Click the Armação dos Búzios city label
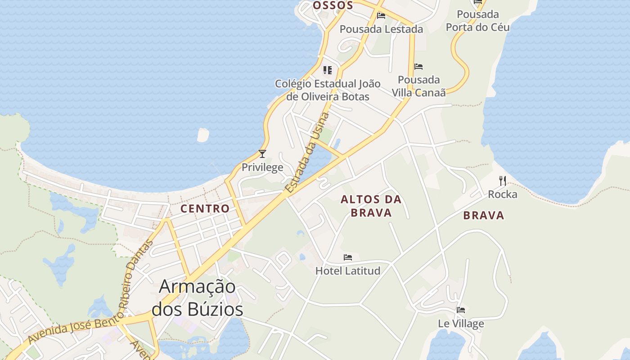click(197, 298)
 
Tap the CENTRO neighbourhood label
click(205, 209)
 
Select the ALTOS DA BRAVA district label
click(371, 206)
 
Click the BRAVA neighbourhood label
click(484, 216)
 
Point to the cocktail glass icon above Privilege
click(262, 154)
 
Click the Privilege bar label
click(262, 167)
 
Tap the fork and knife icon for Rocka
click(503, 181)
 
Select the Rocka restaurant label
click(503, 194)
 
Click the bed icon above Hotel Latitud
click(348, 257)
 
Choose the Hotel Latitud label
click(348, 270)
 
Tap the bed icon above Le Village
click(461, 310)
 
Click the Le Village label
click(461, 324)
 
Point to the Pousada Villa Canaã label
click(418, 86)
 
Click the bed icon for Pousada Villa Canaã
click(418, 67)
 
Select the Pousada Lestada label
click(381, 29)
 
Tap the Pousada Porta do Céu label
click(477, 21)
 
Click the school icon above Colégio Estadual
click(328, 70)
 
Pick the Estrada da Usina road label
click(308, 153)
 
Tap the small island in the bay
click(203, 135)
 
